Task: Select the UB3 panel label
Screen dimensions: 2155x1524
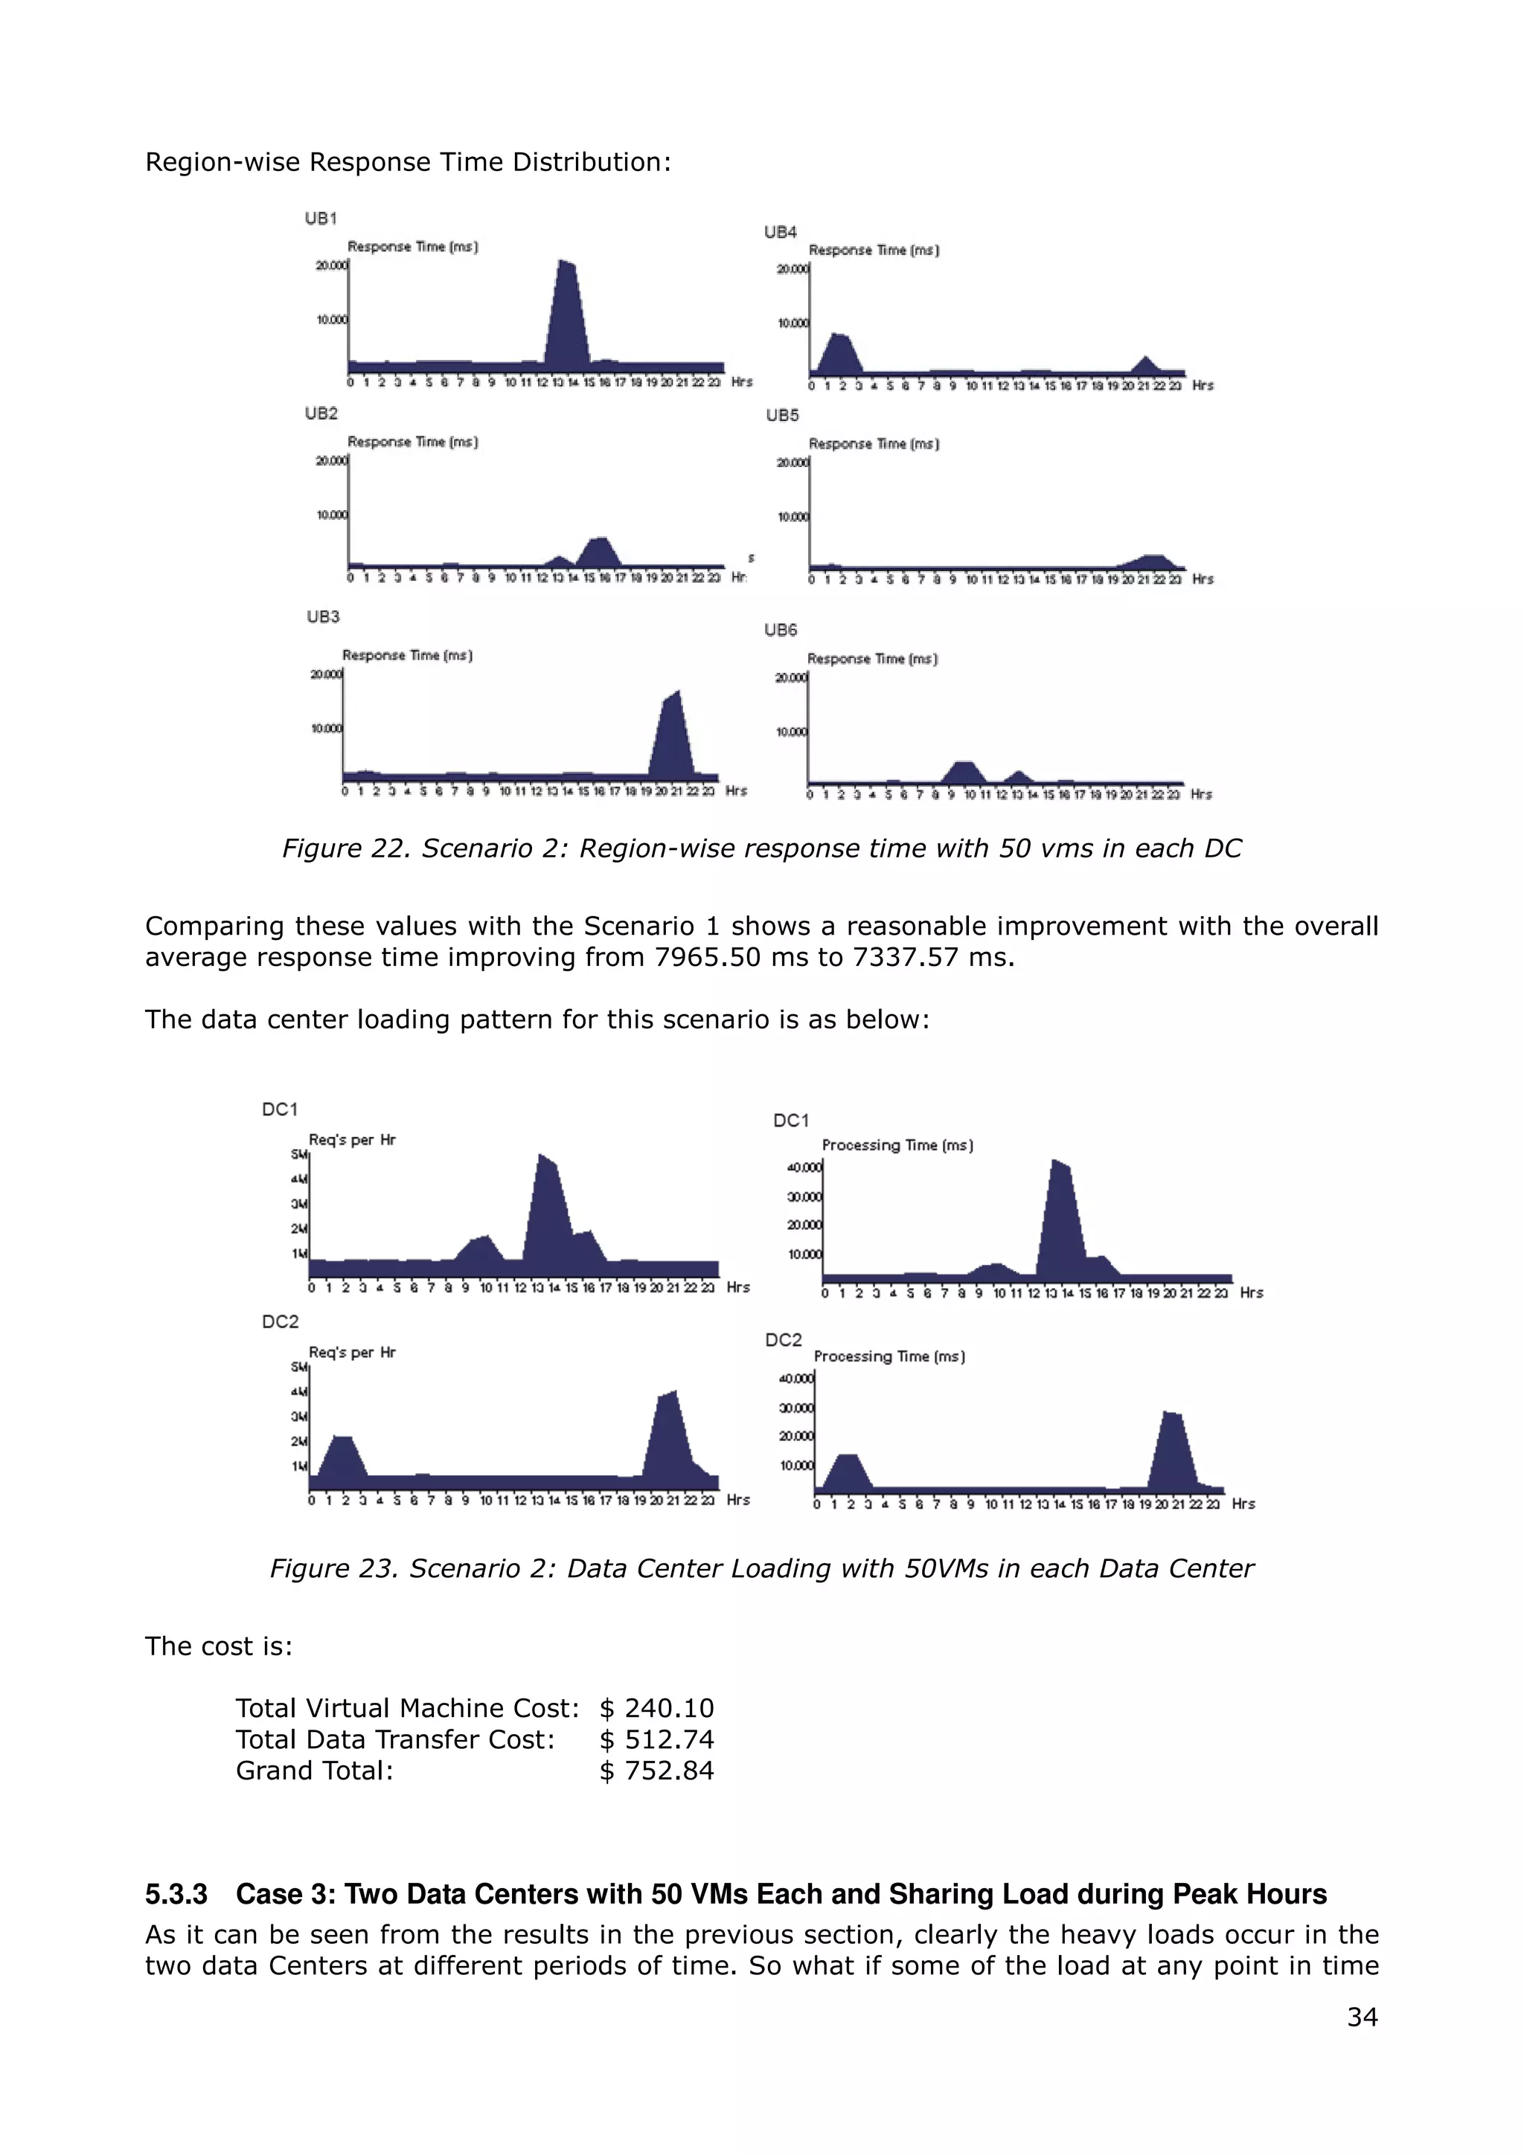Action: [322, 616]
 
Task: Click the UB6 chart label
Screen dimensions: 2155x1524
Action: [781, 630]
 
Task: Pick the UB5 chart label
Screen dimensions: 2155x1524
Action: [782, 415]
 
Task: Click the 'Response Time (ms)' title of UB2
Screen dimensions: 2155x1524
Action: [412, 442]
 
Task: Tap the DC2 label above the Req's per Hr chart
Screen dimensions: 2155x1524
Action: [280, 1321]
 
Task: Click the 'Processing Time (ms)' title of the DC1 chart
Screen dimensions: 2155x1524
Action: [897, 1145]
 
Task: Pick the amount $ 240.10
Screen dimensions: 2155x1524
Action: [656, 1708]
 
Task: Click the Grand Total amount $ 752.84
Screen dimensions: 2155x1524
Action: [656, 1771]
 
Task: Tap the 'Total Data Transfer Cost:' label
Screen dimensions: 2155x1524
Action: [395, 1740]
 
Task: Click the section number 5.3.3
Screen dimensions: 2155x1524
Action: [176, 1894]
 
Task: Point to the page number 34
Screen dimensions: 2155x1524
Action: [1362, 2017]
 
